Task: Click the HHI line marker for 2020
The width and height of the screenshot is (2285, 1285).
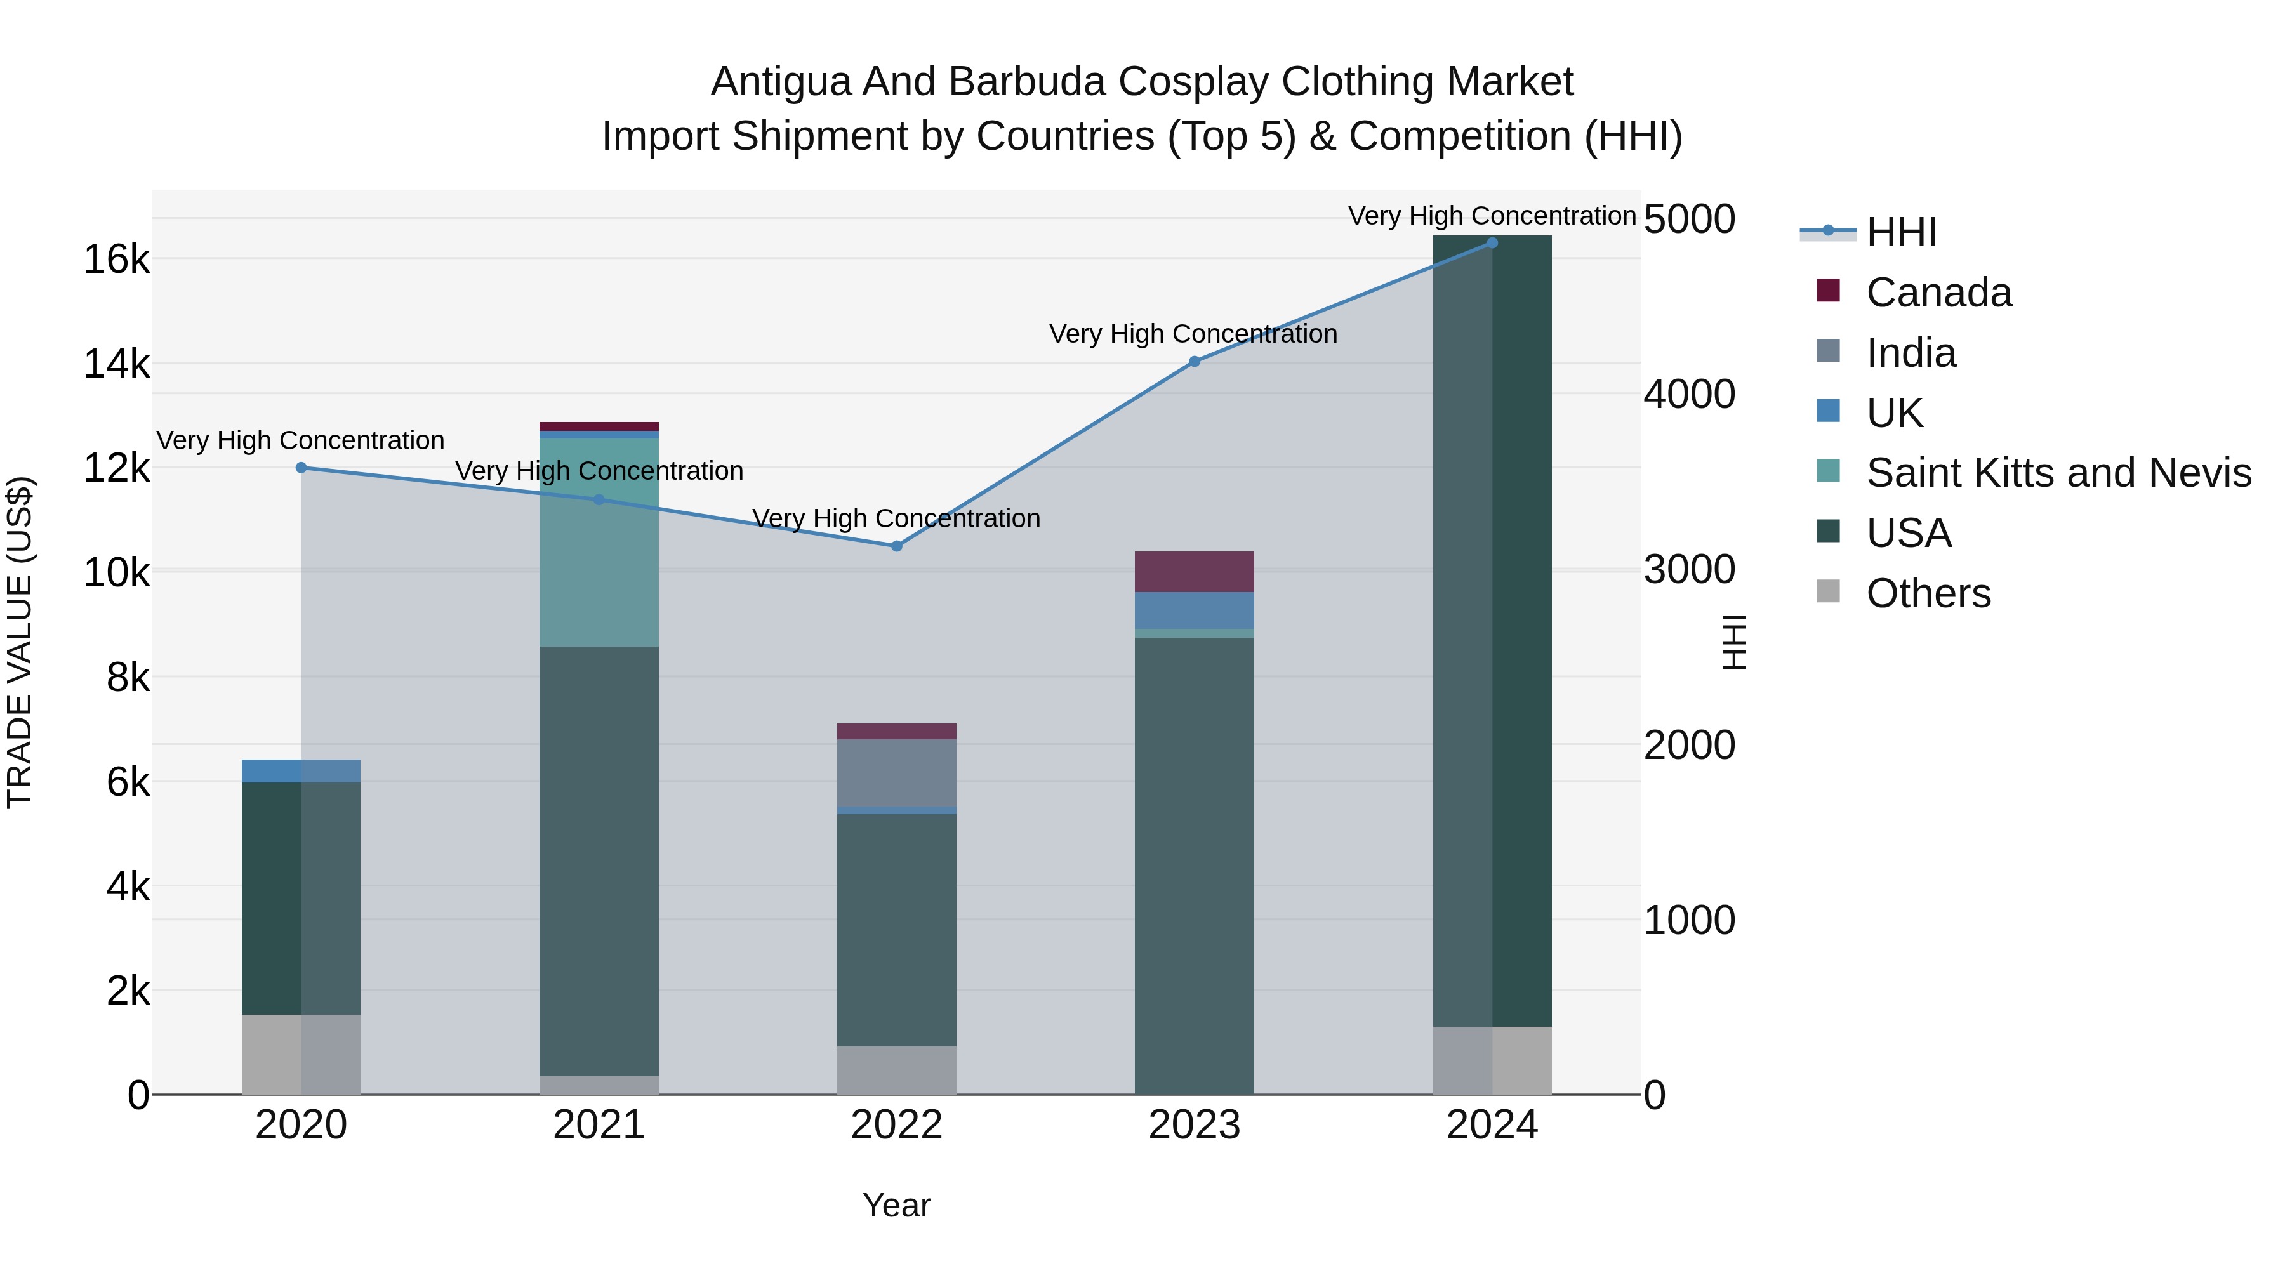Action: (x=301, y=467)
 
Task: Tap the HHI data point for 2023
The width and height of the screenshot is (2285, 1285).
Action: (x=1194, y=362)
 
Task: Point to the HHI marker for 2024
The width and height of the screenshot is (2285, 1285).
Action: (x=1492, y=243)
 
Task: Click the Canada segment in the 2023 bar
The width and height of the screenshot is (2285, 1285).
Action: (x=1194, y=572)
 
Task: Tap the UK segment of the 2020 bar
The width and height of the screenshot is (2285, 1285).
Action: (x=301, y=770)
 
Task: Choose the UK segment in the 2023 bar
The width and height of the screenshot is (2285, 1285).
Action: (x=1194, y=610)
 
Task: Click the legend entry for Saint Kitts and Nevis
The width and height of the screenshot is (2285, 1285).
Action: (x=2058, y=473)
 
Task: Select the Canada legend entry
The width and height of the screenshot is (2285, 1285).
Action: (x=1938, y=293)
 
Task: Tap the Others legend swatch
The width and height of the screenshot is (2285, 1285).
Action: (x=1828, y=591)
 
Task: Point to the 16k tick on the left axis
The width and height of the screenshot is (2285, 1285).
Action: (x=116, y=260)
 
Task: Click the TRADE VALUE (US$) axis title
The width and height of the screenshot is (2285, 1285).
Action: (x=20, y=642)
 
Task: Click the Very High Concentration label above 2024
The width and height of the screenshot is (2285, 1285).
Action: (x=1492, y=216)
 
